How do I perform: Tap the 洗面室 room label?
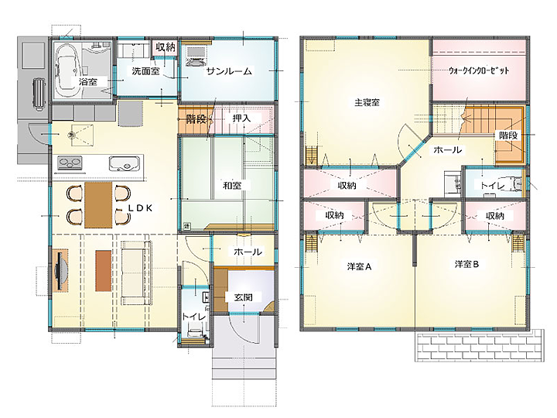(x=145, y=71)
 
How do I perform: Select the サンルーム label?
(x=229, y=71)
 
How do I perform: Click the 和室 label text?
(x=232, y=185)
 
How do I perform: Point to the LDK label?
(x=140, y=208)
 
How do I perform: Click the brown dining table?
(x=98, y=204)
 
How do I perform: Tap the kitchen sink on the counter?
(x=123, y=163)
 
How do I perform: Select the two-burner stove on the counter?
(x=70, y=163)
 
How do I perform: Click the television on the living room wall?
(x=60, y=271)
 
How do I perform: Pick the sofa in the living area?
(x=136, y=272)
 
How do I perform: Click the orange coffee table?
(x=104, y=271)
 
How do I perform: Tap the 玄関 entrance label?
(x=243, y=297)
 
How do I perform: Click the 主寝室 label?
(x=367, y=103)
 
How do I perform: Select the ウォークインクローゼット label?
(x=479, y=70)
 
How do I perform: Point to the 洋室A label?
(x=359, y=266)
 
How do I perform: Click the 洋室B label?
(x=466, y=265)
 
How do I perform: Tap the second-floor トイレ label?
(x=492, y=186)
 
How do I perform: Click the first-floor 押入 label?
(x=241, y=118)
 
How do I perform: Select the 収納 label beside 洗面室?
(x=166, y=47)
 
